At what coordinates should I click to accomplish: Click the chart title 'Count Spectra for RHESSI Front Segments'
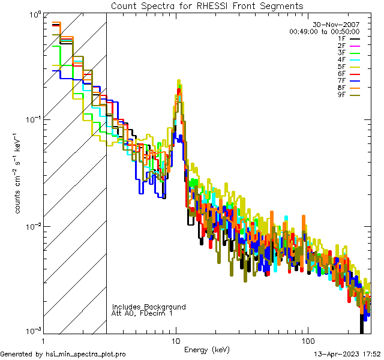[207, 6]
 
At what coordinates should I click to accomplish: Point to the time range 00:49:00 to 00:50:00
[324, 31]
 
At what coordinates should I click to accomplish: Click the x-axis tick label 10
[176, 340]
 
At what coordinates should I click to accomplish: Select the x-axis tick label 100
[307, 340]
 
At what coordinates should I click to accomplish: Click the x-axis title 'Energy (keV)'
[208, 349]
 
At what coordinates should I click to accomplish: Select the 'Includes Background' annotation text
[149, 307]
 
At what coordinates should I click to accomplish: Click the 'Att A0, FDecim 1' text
[142, 313]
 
